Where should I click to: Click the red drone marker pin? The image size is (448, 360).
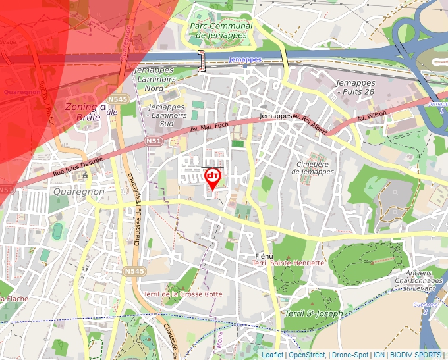(x=213, y=178)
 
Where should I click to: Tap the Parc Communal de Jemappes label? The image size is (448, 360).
(x=220, y=30)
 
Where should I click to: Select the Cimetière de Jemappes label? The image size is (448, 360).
(x=312, y=167)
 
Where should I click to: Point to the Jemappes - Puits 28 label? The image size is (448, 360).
(x=354, y=87)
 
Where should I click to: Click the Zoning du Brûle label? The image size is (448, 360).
(x=83, y=111)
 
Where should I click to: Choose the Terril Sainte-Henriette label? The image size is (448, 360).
(x=288, y=263)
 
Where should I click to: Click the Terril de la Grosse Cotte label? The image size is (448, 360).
(x=182, y=294)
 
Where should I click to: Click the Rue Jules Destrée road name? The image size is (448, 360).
(x=78, y=167)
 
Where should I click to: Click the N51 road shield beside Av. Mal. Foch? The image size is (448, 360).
(x=154, y=141)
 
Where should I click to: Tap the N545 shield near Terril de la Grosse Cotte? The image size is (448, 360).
(x=134, y=270)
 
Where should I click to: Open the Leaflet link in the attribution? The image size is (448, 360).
(x=272, y=355)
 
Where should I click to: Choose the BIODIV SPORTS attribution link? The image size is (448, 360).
(x=415, y=355)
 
